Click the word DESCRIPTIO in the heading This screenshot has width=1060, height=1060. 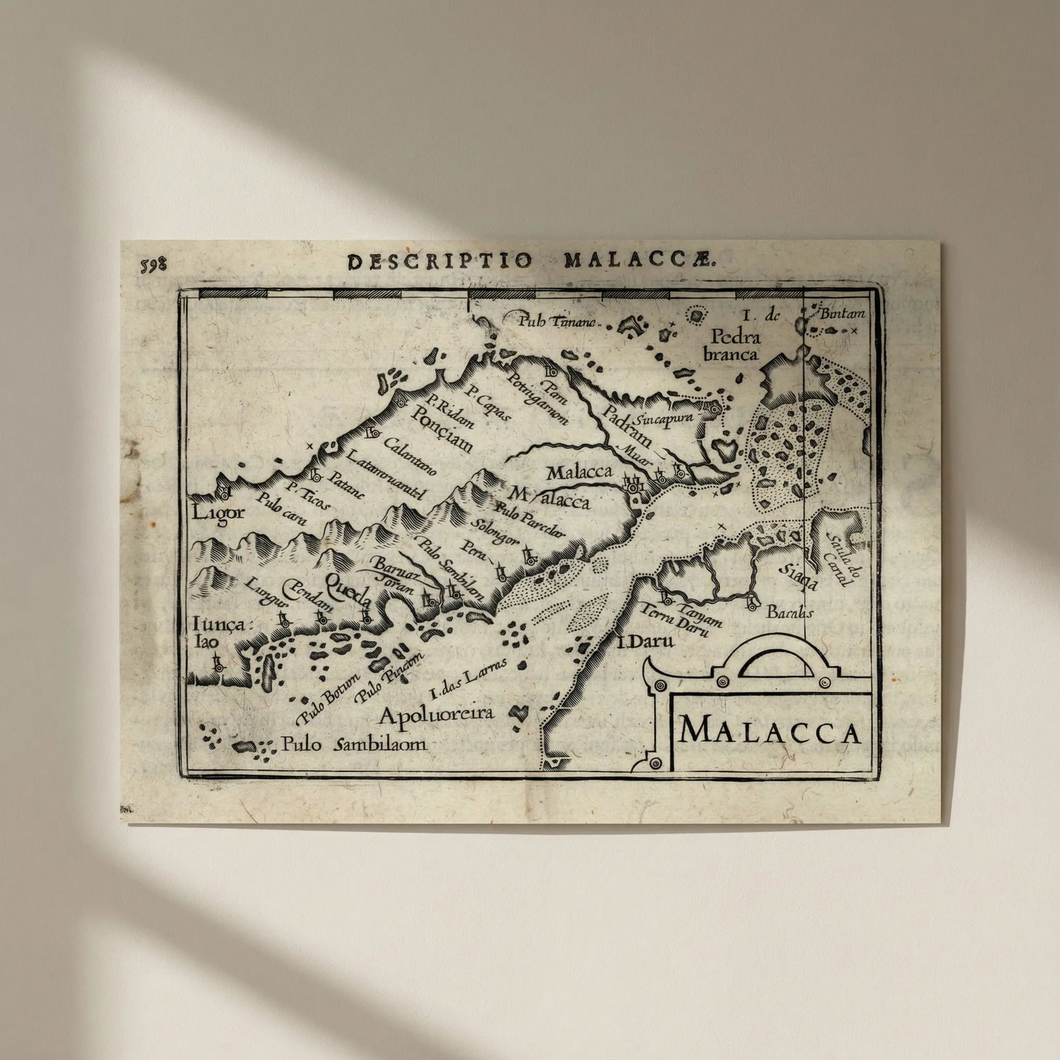click(x=440, y=261)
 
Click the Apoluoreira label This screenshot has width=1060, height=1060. click(x=437, y=714)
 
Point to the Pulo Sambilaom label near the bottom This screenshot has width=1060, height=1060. click(x=354, y=745)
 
